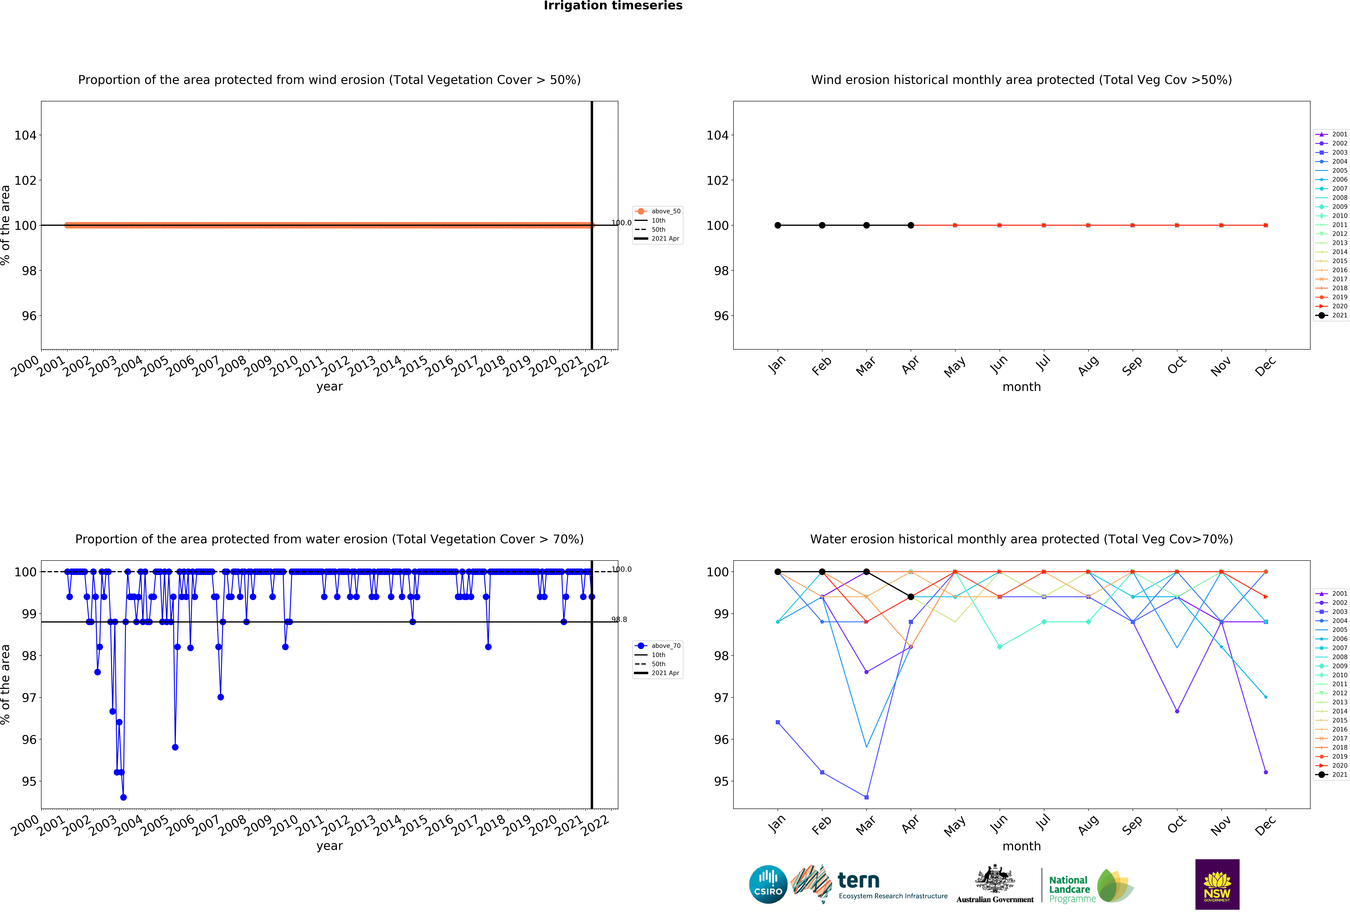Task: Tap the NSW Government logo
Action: (x=1217, y=884)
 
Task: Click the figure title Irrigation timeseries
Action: (x=613, y=6)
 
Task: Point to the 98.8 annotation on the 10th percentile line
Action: (x=619, y=620)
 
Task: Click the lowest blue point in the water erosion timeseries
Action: (x=123, y=797)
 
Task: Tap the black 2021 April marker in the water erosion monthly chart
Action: (x=911, y=597)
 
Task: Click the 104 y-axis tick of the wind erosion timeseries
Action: (x=25, y=135)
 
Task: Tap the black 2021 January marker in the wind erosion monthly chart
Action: (x=778, y=225)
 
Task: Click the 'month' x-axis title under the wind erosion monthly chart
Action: (x=1021, y=387)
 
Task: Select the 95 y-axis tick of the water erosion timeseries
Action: (x=29, y=782)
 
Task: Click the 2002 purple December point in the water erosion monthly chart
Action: (x=1266, y=773)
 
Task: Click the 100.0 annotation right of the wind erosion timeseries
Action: (x=621, y=223)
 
